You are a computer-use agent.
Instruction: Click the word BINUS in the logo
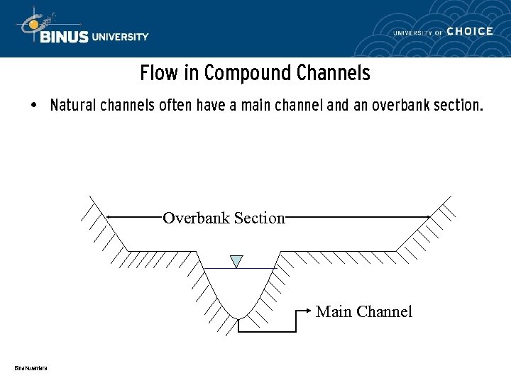(x=65, y=37)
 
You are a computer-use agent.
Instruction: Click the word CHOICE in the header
(x=471, y=31)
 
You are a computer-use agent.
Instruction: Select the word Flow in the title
(x=155, y=73)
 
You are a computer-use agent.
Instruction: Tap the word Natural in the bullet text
(x=74, y=106)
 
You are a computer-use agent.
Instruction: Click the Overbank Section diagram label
(x=224, y=218)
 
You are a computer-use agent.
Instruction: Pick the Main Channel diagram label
(x=364, y=311)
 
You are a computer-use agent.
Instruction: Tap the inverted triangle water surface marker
(x=237, y=261)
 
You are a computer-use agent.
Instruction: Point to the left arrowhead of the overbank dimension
(x=109, y=216)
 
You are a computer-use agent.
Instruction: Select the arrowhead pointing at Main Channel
(x=309, y=311)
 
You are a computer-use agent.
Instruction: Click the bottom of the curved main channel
(x=241, y=317)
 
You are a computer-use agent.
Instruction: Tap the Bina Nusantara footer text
(x=31, y=367)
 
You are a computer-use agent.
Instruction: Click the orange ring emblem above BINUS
(x=33, y=23)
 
